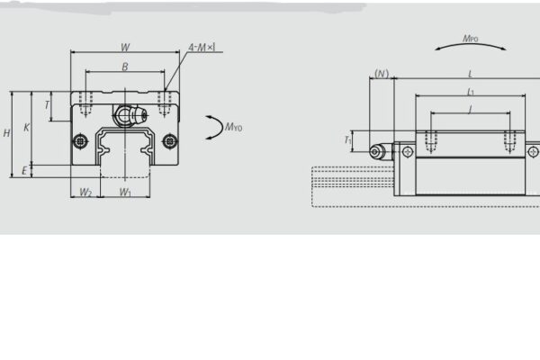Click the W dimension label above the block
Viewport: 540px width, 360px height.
pyautogui.click(x=125, y=47)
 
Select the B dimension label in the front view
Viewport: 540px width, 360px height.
pyautogui.click(x=125, y=67)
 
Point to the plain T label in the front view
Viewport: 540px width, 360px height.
pyautogui.click(x=47, y=105)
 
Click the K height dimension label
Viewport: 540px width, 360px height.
pyautogui.click(x=26, y=128)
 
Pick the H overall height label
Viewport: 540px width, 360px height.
pyautogui.click(x=7, y=133)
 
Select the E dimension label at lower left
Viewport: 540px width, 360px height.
pyautogui.click(x=25, y=170)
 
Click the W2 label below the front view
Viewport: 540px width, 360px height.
pyautogui.click(x=85, y=192)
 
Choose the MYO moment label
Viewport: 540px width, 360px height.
pyautogui.click(x=233, y=127)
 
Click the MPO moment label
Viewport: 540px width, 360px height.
pyautogui.click(x=469, y=39)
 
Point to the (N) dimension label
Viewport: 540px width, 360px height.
pyautogui.click(x=382, y=74)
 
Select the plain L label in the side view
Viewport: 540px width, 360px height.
pyautogui.click(x=470, y=74)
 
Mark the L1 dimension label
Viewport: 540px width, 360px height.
pyautogui.click(x=470, y=92)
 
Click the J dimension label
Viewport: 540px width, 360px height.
pyautogui.click(x=470, y=110)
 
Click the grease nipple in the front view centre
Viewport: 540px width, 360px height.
pyautogui.click(x=125, y=114)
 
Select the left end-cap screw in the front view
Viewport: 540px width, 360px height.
pyautogui.click(x=81, y=140)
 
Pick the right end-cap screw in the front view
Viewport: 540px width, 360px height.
pyautogui.click(x=169, y=140)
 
